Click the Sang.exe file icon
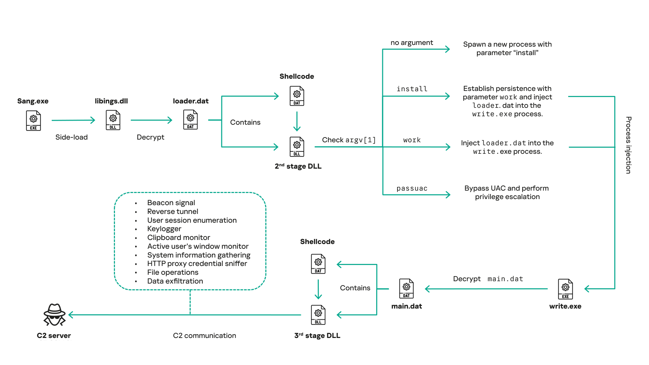[x=33, y=121]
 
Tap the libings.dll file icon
[x=113, y=120]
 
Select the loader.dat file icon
[x=190, y=120]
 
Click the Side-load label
[x=71, y=137]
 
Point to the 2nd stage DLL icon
[x=297, y=147]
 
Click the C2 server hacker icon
[x=54, y=315]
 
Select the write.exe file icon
[x=565, y=289]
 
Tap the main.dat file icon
[x=406, y=289]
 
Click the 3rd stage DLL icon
[x=318, y=315]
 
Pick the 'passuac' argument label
[x=412, y=189]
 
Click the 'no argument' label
[x=411, y=43]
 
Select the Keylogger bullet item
[x=164, y=229]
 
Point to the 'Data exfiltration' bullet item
[x=175, y=281]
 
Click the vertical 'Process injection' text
[x=628, y=145]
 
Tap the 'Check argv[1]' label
[x=348, y=140]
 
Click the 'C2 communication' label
[x=204, y=336]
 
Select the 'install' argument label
[x=412, y=89]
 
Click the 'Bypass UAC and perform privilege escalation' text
[x=507, y=192]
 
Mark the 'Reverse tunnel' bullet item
[x=172, y=212]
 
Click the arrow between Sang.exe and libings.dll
[x=73, y=120]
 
